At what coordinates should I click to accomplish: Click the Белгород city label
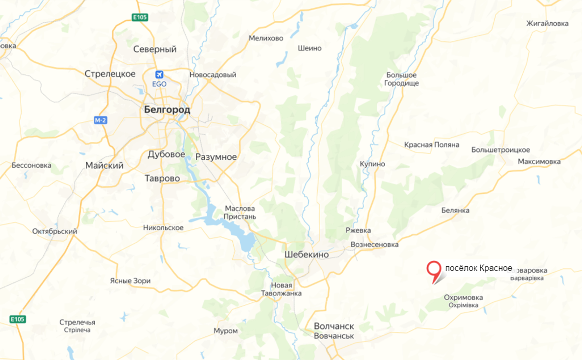click(x=167, y=110)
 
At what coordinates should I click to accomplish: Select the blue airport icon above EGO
click(x=159, y=74)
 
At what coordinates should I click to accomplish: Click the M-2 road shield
click(x=101, y=120)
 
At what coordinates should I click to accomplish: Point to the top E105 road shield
click(x=140, y=18)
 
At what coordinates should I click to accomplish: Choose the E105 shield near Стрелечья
click(x=17, y=320)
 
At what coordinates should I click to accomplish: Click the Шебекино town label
click(x=306, y=254)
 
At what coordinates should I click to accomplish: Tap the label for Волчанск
click(x=334, y=326)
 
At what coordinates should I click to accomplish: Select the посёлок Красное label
click(x=478, y=268)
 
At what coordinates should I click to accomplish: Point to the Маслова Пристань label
click(x=240, y=213)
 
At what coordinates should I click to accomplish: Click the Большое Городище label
click(x=401, y=79)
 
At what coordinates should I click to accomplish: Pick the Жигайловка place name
click(x=547, y=23)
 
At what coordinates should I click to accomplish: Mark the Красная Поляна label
click(x=432, y=144)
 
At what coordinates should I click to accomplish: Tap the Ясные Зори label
click(x=130, y=281)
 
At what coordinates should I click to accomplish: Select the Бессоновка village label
click(x=32, y=165)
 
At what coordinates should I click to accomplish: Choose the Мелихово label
click(x=266, y=38)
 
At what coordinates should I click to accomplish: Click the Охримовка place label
click(x=463, y=298)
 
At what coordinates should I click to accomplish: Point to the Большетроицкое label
click(x=501, y=149)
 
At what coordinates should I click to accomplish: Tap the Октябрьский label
click(x=54, y=231)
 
